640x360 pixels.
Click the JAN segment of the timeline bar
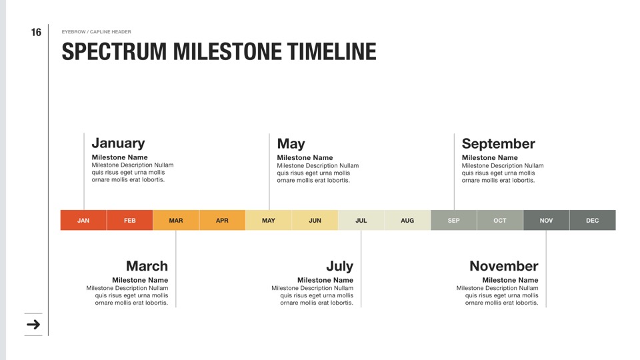pyautogui.click(x=83, y=221)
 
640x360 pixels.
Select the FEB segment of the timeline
pyautogui.click(x=130, y=221)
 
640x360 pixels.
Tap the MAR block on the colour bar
pyautogui.click(x=176, y=221)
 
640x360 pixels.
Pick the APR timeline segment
pyautogui.click(x=223, y=221)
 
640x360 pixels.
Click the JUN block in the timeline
pyautogui.click(x=315, y=221)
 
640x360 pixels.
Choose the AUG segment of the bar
pyautogui.click(x=407, y=221)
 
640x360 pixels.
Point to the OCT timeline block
pyautogui.click(x=500, y=221)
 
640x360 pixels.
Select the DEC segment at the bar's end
pyautogui.click(x=593, y=221)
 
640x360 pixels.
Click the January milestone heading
pyautogui.click(x=119, y=143)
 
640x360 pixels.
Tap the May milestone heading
pyautogui.click(x=291, y=144)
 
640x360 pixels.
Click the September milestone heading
pyautogui.click(x=499, y=144)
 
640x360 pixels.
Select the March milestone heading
pyautogui.click(x=147, y=266)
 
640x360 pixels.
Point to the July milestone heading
pyautogui.click(x=339, y=267)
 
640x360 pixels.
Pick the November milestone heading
pyautogui.click(x=504, y=266)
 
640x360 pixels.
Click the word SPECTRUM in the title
pyautogui.click(x=114, y=51)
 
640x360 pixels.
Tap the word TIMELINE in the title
pyautogui.click(x=331, y=51)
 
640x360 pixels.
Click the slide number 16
pyautogui.click(x=36, y=32)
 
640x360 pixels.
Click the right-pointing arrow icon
pyautogui.click(x=33, y=325)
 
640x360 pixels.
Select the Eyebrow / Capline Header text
pyautogui.click(x=96, y=32)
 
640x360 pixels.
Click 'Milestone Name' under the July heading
pyautogui.click(x=325, y=280)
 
